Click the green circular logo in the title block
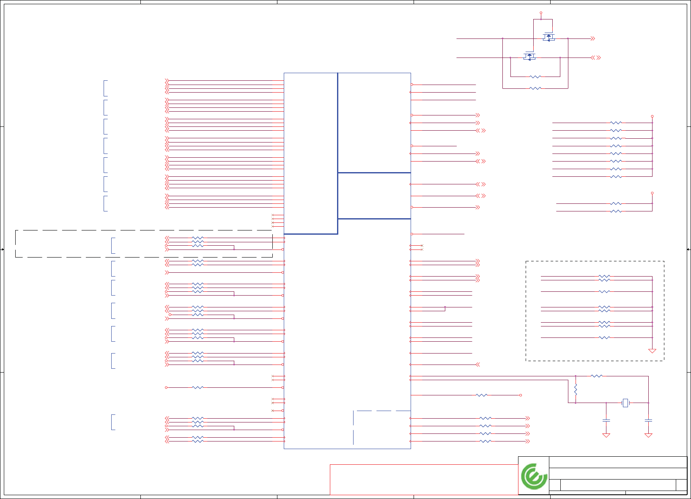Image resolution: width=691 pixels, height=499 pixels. [534, 476]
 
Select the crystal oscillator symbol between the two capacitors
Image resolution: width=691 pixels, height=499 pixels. [625, 403]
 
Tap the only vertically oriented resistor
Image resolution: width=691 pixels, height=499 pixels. [576, 389]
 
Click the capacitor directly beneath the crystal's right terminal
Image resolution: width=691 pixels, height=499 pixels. [648, 420]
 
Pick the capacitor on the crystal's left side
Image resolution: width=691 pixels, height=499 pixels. [606, 420]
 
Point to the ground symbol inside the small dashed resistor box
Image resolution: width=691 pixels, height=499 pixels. [652, 351]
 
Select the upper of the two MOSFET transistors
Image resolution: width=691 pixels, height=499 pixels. [548, 37]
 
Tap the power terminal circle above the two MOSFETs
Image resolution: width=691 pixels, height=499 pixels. [541, 13]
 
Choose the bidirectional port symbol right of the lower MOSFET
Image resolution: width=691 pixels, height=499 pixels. [596, 58]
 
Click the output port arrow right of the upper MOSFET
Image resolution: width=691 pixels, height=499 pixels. [593, 38]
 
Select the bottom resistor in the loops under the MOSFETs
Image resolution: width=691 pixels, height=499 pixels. [535, 88]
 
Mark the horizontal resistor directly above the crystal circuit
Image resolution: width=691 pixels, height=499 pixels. [597, 376]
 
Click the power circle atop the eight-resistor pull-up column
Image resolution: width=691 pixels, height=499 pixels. [652, 116]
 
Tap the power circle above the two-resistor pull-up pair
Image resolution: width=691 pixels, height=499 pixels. [652, 193]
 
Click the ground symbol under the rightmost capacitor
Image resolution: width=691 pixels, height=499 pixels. [648, 435]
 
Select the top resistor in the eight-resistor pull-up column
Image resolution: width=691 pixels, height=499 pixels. [616, 123]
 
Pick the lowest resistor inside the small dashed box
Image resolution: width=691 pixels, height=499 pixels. [604, 337]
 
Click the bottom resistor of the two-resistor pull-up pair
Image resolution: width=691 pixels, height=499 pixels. [616, 211]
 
